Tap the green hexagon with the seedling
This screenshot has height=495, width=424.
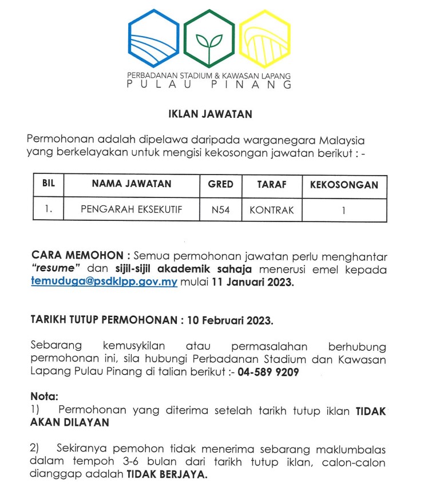209,39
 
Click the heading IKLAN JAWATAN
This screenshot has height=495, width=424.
211,114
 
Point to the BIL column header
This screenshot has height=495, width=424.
48,185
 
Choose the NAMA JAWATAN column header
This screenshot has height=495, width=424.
132,185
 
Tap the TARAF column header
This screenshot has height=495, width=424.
272,185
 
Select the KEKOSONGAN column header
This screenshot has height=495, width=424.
344,185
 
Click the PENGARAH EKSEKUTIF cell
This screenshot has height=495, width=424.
132,210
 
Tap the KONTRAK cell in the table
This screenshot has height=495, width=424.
272,210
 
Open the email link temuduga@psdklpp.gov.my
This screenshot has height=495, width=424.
104,282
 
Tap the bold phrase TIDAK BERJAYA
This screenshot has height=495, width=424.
167,474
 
